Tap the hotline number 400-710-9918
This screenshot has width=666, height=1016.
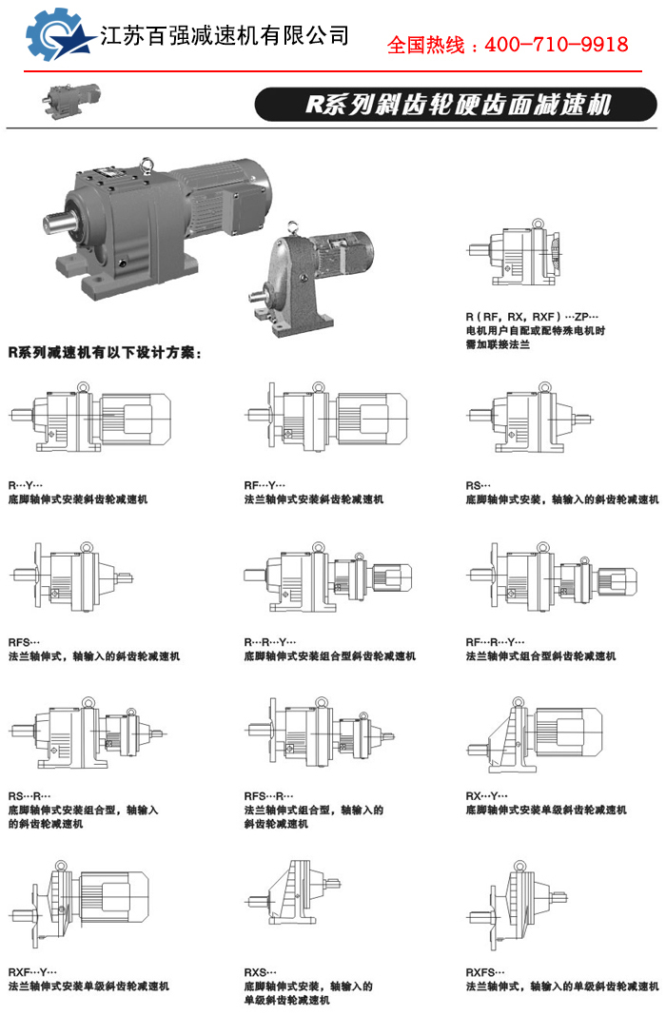click(x=556, y=45)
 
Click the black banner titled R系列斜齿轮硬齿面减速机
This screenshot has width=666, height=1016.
click(x=456, y=105)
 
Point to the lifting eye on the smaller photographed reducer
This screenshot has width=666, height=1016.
click(x=293, y=227)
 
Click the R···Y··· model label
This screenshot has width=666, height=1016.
click(x=26, y=485)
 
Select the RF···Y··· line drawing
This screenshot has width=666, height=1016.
click(x=328, y=418)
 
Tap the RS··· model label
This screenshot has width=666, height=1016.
click(x=479, y=485)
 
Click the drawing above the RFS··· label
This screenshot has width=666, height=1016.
click(x=72, y=576)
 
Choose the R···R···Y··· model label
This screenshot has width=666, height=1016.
click(x=269, y=642)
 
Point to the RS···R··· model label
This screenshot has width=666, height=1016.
click(x=29, y=796)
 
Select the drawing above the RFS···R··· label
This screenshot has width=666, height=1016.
click(x=321, y=733)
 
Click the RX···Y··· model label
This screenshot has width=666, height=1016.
click(x=486, y=796)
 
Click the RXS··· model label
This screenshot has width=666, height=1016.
click(x=260, y=972)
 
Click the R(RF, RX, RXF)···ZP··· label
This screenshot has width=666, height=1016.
click(x=532, y=317)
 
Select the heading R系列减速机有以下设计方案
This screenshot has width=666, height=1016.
click(x=105, y=353)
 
